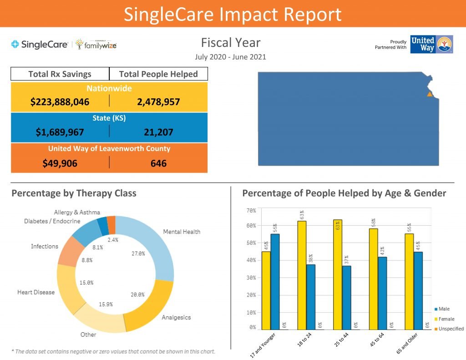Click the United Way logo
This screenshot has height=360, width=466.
[x=431, y=45]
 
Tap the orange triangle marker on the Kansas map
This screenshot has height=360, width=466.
[x=429, y=94]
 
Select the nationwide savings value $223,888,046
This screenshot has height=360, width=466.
[x=60, y=102]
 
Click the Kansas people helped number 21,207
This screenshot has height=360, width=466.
[x=158, y=132]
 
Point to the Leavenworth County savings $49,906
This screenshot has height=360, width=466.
[x=60, y=163]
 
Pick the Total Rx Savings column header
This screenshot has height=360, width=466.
[x=60, y=74]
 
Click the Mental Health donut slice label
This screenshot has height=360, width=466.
[x=182, y=232]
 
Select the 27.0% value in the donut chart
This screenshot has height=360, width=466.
[x=138, y=254]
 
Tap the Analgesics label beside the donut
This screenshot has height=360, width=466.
[x=176, y=318]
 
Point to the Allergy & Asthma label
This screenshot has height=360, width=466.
[x=77, y=213]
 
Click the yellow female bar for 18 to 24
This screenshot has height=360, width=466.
[x=302, y=275]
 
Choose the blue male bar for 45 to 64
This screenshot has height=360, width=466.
[x=382, y=293]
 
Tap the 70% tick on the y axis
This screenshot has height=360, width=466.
[x=251, y=211]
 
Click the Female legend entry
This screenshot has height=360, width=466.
[x=446, y=319]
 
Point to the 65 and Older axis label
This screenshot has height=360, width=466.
[x=406, y=345]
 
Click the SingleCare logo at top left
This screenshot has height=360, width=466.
[x=40, y=45]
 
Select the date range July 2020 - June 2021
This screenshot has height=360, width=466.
[x=230, y=57]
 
